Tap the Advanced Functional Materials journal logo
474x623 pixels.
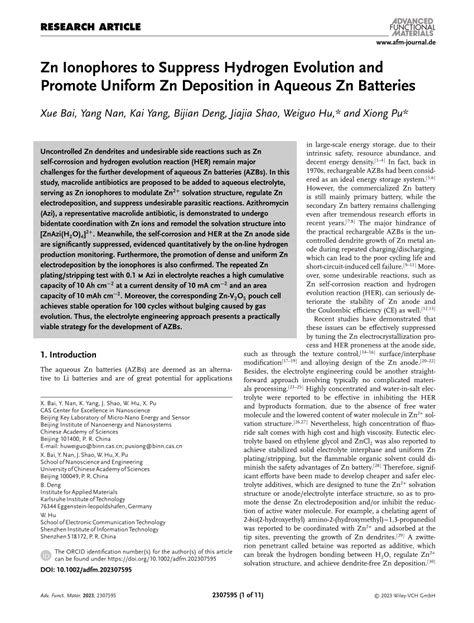point(422,15)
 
